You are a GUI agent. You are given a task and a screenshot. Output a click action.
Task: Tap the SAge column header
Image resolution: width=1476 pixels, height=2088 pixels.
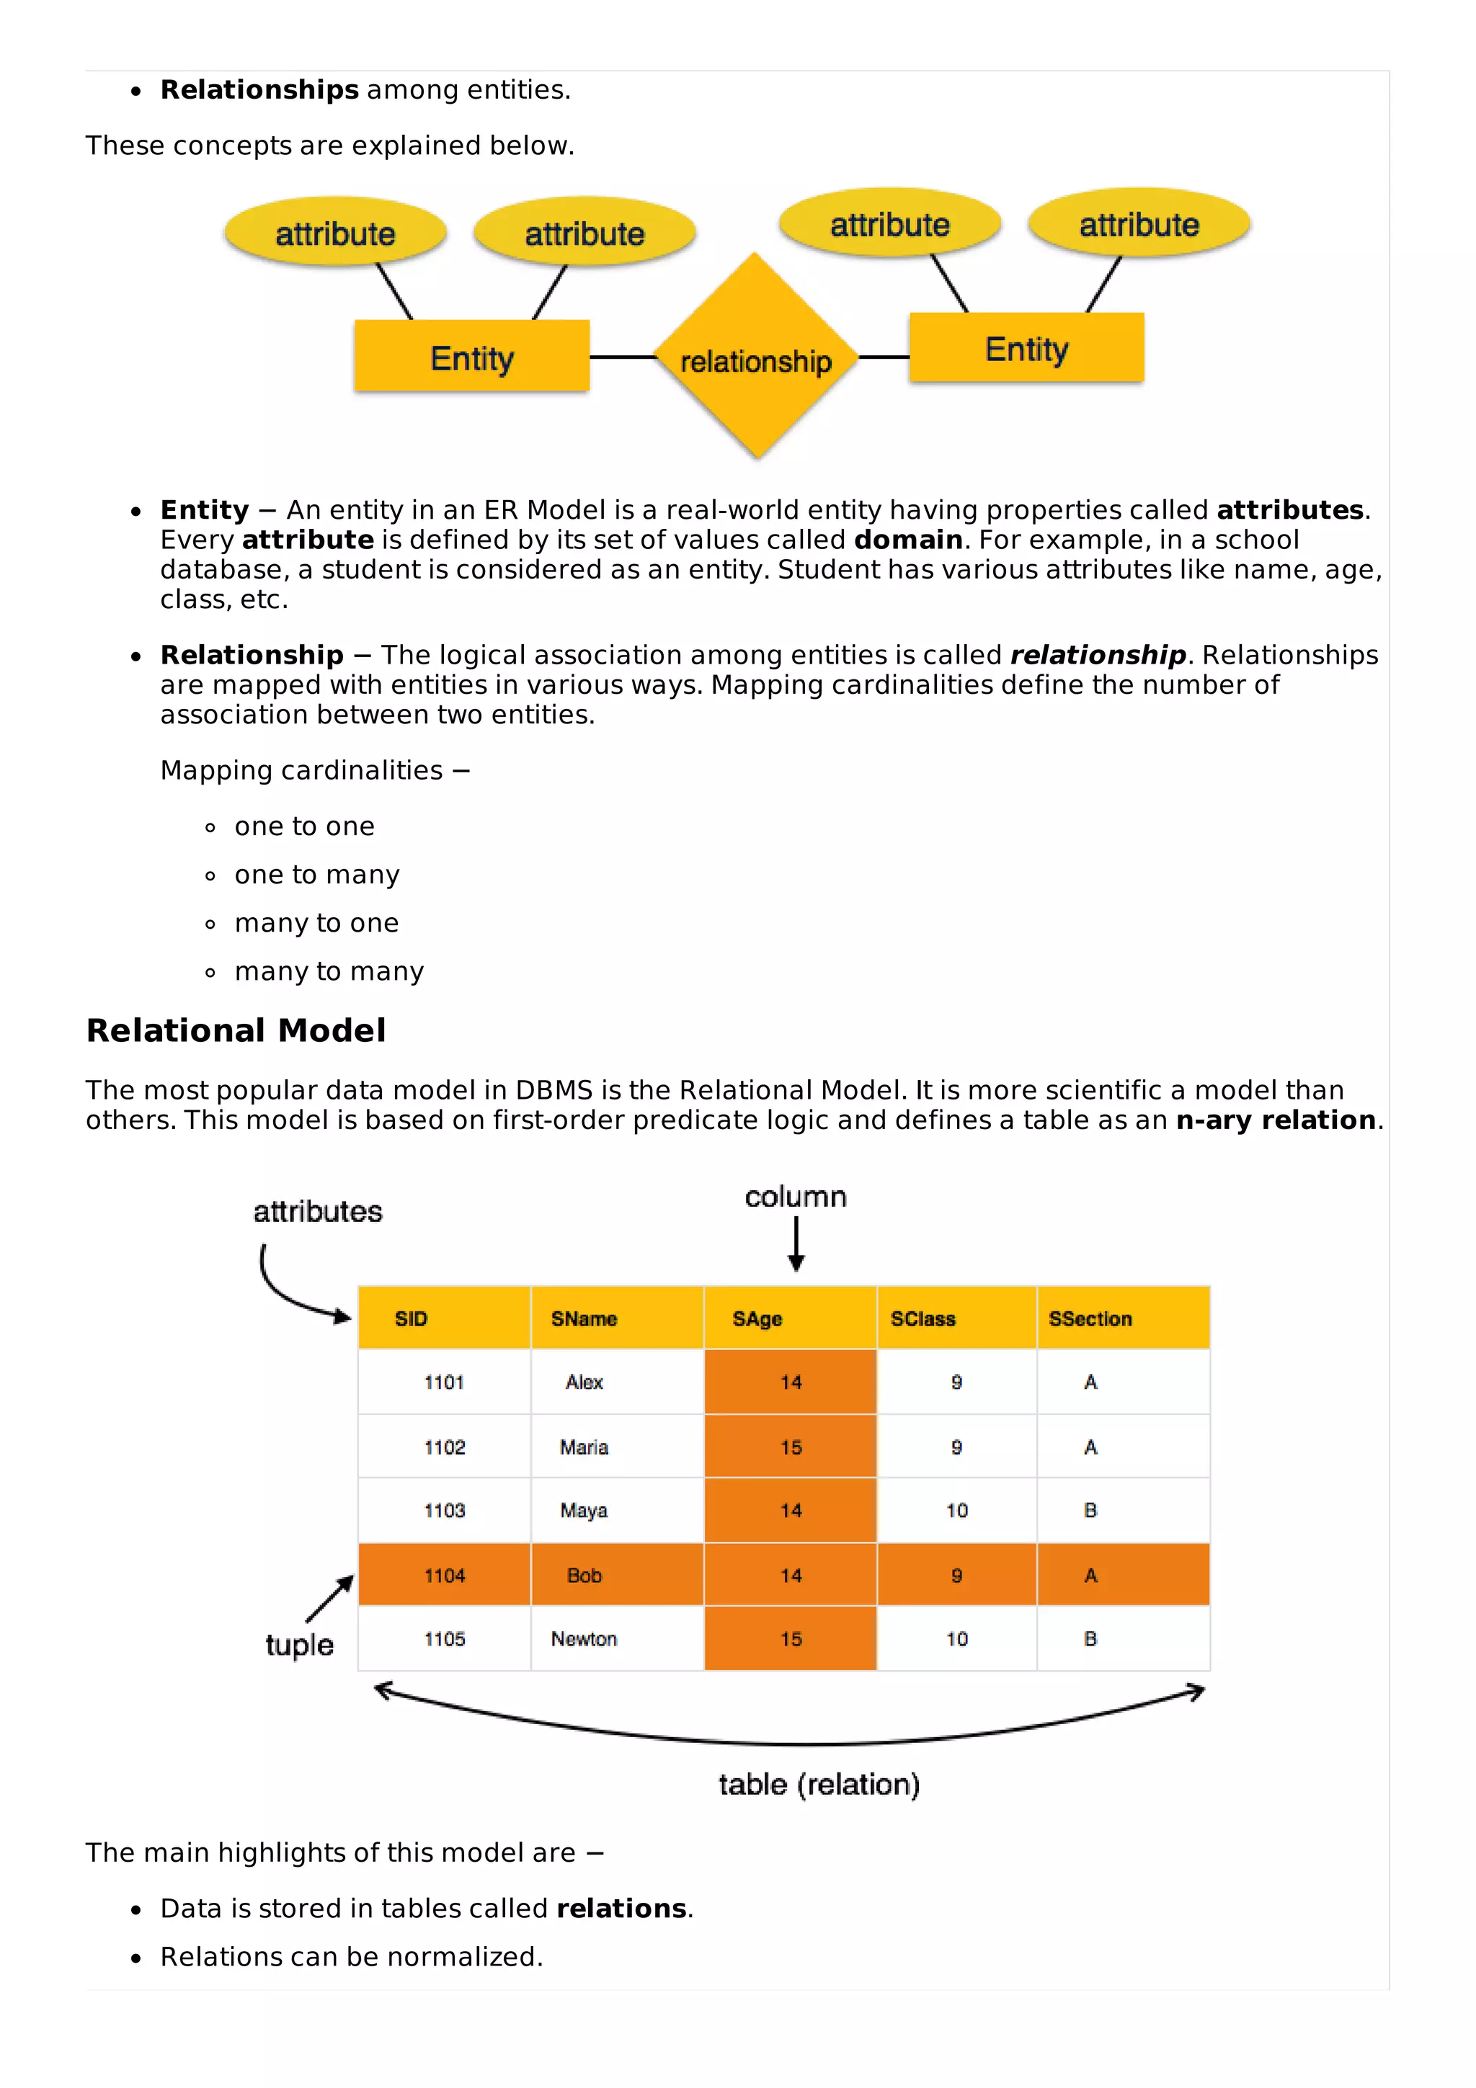coord(757,1319)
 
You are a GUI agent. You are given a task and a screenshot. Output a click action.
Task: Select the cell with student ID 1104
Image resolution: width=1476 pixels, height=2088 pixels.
coord(444,1575)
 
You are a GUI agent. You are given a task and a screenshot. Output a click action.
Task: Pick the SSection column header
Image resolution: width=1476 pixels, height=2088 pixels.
coord(1090,1319)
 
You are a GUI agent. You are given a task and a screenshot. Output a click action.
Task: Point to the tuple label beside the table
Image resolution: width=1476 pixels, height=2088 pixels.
coord(299,1644)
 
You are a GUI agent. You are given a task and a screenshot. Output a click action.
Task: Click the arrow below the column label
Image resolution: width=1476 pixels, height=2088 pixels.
coord(796,1244)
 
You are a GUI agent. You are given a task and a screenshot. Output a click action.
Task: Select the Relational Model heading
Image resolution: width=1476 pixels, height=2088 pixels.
coord(236,1030)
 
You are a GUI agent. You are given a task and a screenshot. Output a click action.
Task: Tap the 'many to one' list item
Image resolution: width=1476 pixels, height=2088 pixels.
coord(316,923)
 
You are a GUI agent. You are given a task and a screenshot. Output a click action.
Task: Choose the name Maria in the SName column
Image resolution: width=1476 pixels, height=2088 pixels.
coord(584,1447)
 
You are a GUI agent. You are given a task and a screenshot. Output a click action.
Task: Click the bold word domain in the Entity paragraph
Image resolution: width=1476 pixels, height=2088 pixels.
coord(907,540)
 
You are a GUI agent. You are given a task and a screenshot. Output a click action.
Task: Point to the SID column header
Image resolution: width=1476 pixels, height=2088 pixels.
coord(411,1319)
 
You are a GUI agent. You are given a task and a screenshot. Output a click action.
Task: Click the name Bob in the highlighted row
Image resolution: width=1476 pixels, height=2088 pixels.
coord(584,1575)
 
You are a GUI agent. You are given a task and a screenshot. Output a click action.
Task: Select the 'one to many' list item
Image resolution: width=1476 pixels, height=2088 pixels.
coord(316,875)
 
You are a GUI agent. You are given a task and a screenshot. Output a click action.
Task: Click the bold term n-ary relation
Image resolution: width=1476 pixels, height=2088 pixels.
coord(1275,1120)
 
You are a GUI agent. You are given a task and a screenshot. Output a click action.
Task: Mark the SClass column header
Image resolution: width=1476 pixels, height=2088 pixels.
coord(922,1319)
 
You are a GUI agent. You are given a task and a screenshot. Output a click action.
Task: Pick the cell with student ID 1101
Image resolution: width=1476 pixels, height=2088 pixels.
coord(444,1383)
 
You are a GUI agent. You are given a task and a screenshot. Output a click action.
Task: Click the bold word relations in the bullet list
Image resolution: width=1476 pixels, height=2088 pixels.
coord(621,1908)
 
